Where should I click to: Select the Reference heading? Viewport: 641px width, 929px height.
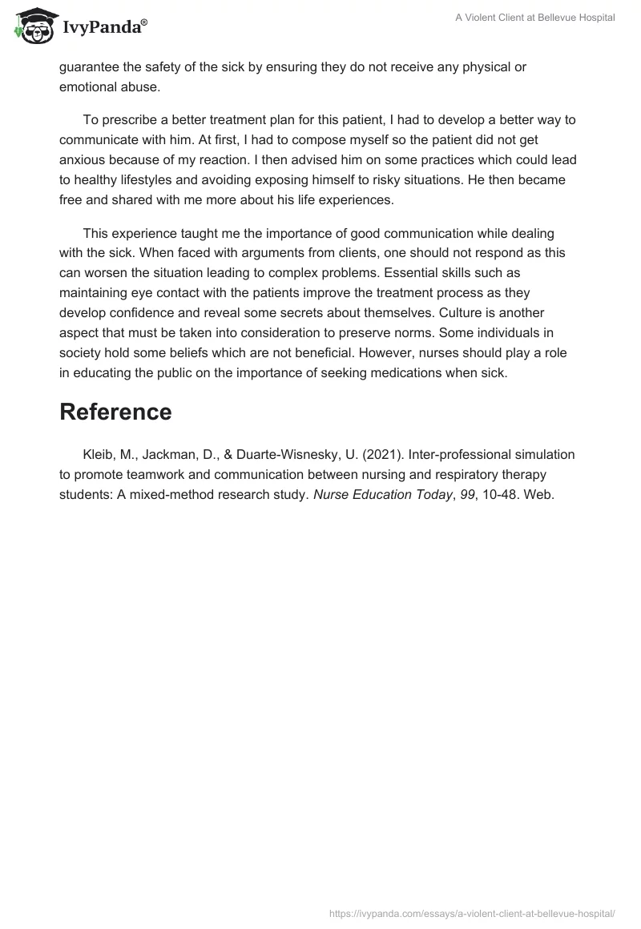tap(115, 412)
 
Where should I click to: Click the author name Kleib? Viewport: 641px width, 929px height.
tap(99, 454)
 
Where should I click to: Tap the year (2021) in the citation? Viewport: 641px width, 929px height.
tap(380, 454)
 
